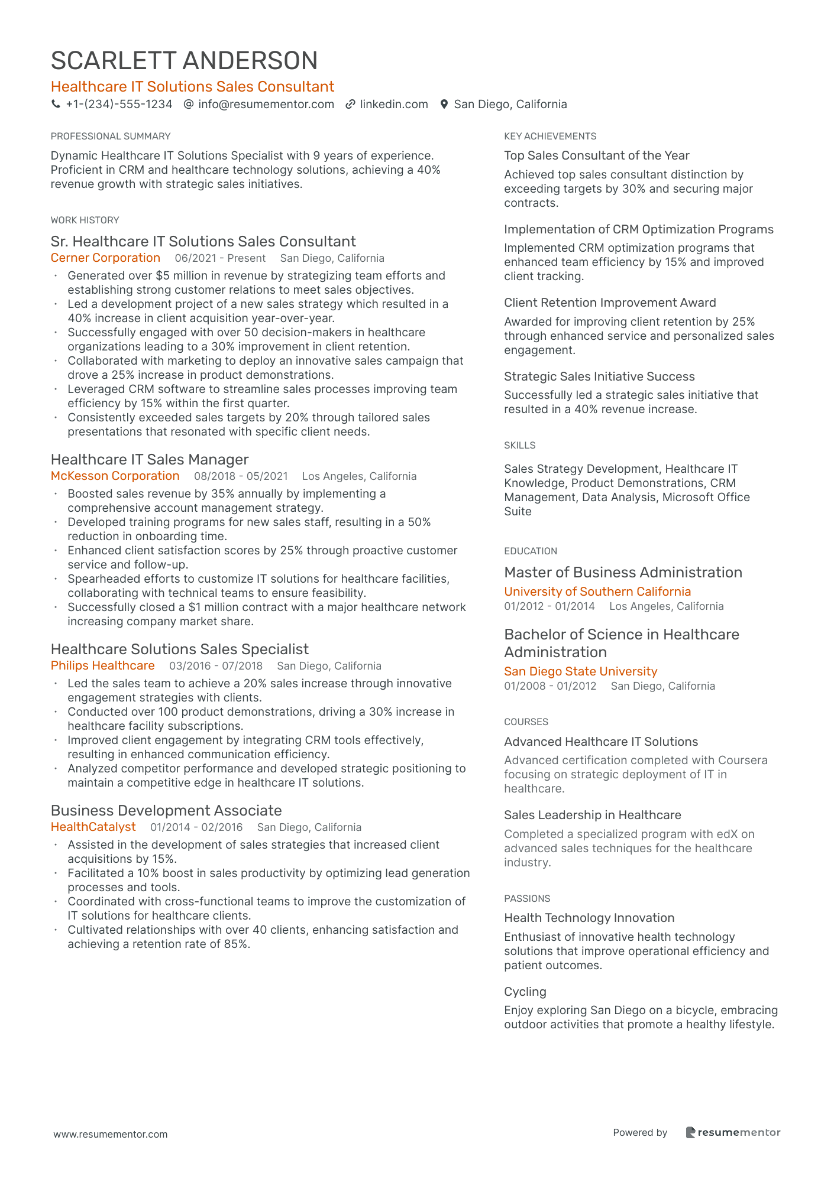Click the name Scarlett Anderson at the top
184,61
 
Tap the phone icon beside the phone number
56,105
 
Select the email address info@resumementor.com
266,105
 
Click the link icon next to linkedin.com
350,105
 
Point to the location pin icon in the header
444,105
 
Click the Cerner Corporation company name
105,258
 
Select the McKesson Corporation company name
115,476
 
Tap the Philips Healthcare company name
102,666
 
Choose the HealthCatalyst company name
93,827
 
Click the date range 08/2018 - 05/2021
241,476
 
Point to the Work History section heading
85,220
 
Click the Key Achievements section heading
550,137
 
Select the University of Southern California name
597,592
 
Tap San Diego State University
580,671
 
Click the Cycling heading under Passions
525,992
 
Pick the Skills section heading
519,446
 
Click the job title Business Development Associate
166,811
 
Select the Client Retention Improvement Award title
610,303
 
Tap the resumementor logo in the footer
733,1133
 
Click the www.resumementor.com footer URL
111,1135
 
